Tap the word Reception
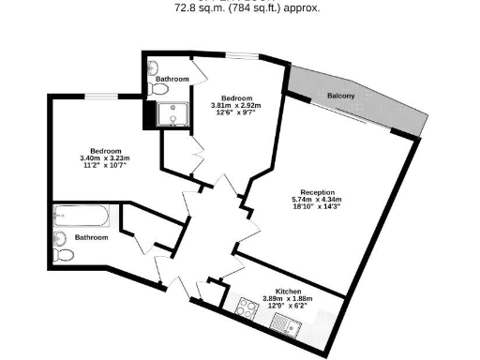coord(316,192)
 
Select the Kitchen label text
coord(288,292)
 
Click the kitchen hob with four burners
coord(248,308)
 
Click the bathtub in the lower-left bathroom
coord(83,217)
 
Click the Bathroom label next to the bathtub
coord(91,238)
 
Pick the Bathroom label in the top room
coord(172,79)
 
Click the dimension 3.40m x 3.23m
coord(105,158)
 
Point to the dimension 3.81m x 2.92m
coord(235,106)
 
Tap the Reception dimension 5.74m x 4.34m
coord(316,200)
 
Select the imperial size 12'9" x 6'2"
coord(288,307)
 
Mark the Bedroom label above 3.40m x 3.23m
coord(105,151)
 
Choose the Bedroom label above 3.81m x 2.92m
coord(235,98)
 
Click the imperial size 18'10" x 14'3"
coord(316,207)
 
